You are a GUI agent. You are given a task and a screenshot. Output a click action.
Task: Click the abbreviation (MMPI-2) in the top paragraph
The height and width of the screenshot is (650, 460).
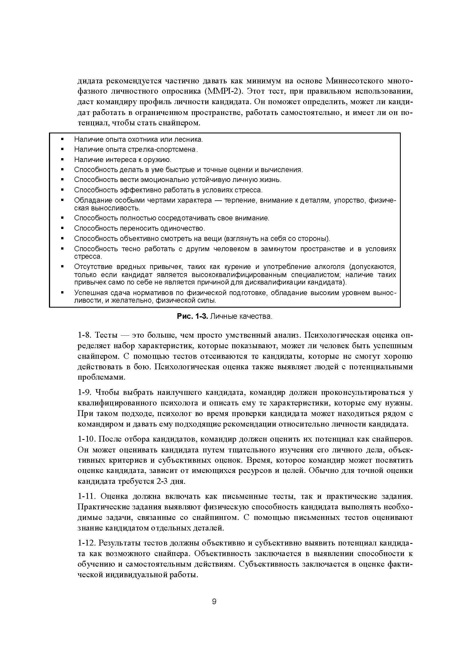point(223,91)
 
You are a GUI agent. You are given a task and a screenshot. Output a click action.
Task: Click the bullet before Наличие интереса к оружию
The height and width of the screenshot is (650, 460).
point(62,160)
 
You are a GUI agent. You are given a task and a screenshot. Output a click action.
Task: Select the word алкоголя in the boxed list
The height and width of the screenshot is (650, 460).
point(329,267)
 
